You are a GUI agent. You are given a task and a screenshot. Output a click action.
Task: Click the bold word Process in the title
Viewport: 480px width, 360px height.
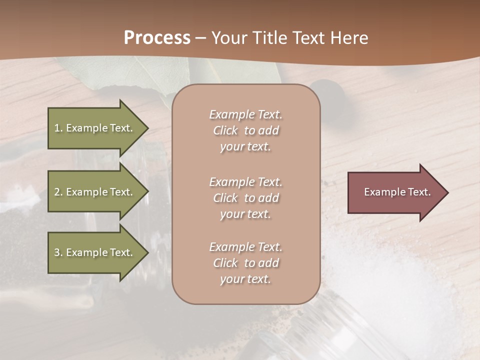[x=157, y=38]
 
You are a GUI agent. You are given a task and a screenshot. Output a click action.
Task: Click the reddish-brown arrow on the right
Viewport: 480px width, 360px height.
[x=395, y=192]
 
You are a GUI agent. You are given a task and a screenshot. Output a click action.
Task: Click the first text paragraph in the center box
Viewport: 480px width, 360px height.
[x=245, y=130]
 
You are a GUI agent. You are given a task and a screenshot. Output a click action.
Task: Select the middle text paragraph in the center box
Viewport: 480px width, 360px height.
[x=245, y=198]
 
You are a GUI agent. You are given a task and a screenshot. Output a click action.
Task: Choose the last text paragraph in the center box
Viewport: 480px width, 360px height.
[x=245, y=263]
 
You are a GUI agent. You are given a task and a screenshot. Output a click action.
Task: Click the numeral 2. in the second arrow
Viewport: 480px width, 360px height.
[x=58, y=192]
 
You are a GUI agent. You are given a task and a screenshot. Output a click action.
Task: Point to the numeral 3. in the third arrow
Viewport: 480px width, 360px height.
[x=58, y=252]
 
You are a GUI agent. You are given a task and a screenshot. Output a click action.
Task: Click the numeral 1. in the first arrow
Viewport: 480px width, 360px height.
[x=58, y=128]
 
